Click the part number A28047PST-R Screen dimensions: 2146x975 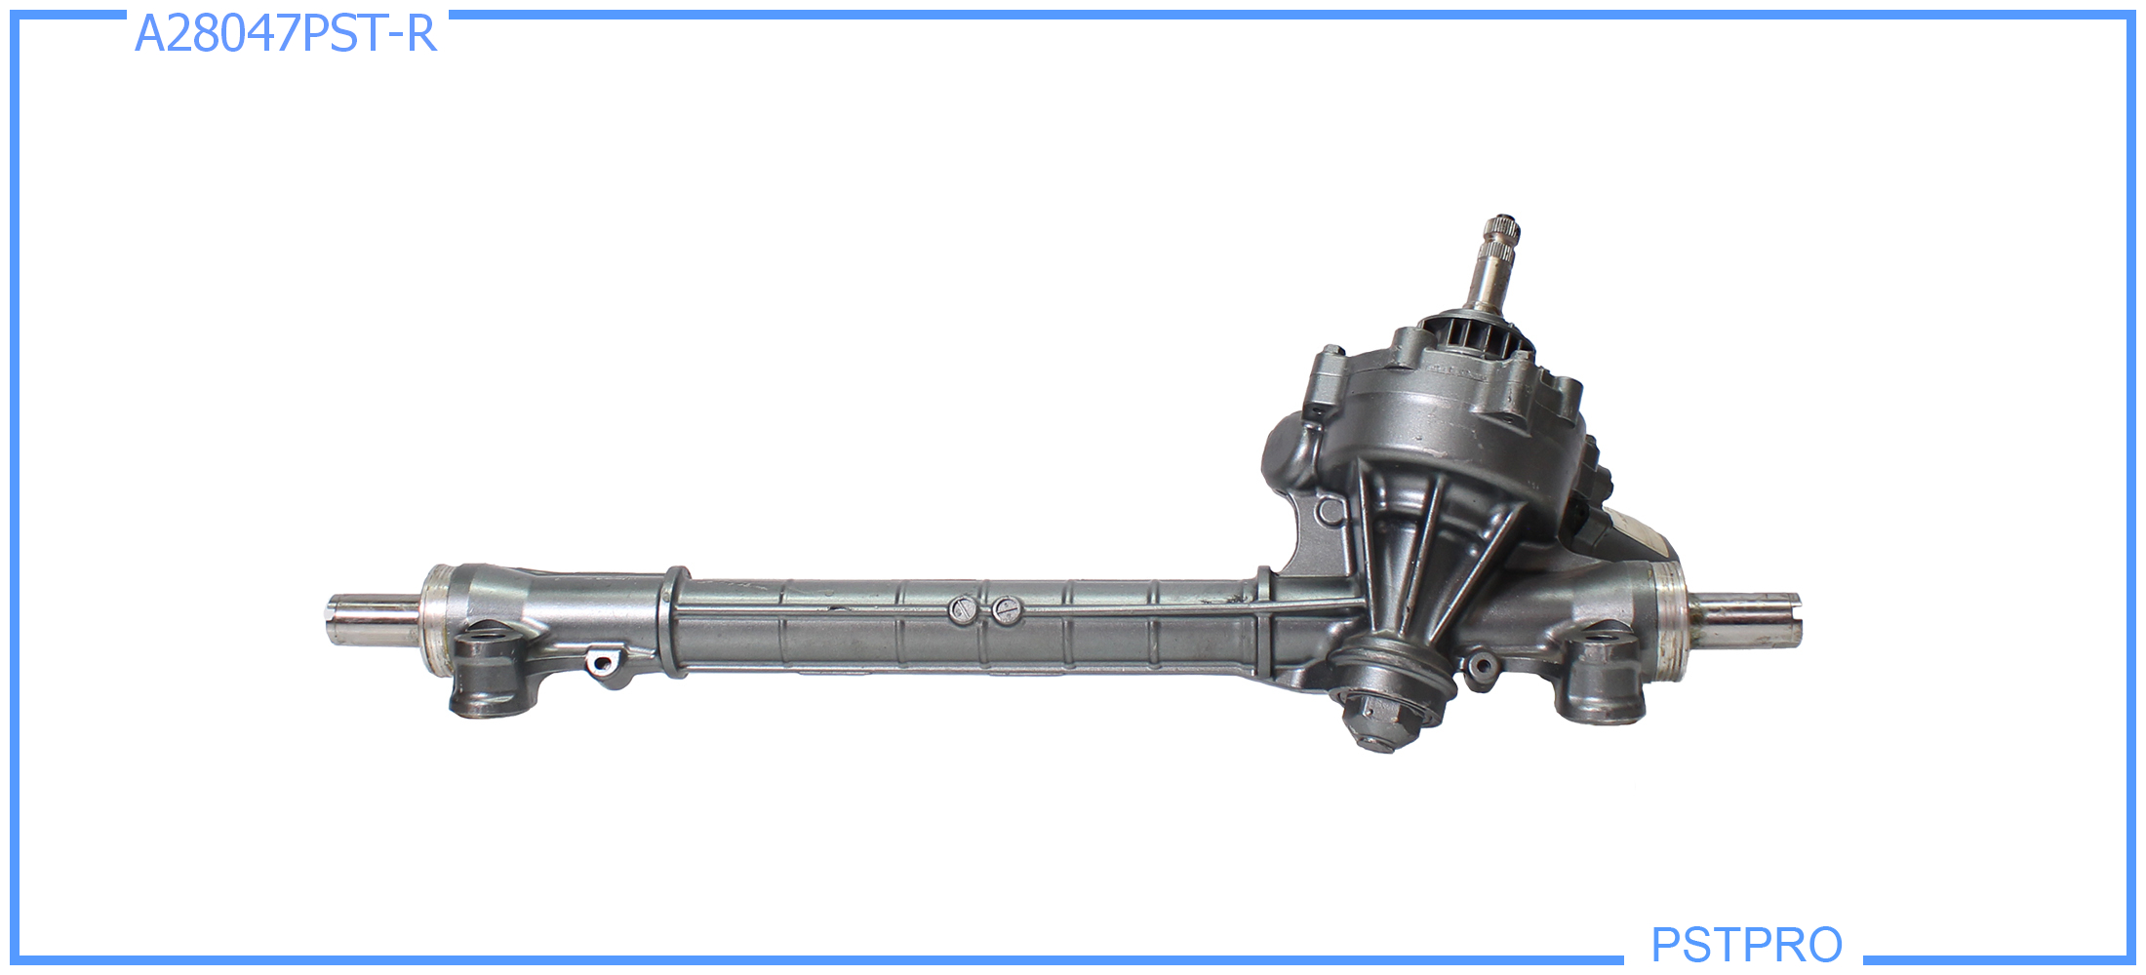tap(285, 34)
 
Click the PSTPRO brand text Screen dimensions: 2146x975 tap(1746, 944)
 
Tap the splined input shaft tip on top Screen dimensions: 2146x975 tap(1501, 241)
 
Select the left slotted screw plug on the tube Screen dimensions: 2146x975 tap(961, 610)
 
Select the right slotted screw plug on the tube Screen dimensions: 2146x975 tap(1005, 610)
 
